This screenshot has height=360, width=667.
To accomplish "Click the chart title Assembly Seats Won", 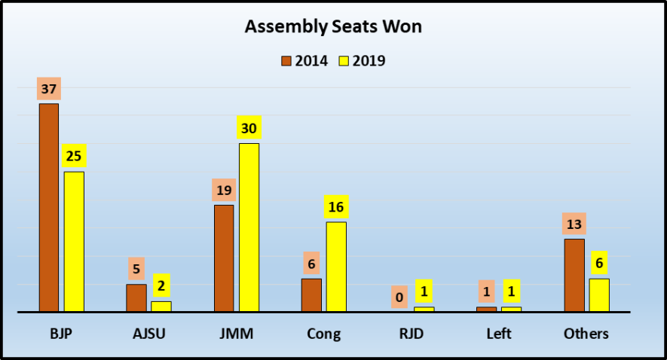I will point(333,28).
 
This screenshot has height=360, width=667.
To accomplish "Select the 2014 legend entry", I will point(305,60).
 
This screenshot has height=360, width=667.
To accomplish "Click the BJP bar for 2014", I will point(49,207).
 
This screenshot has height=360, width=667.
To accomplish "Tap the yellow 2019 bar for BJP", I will point(74,241).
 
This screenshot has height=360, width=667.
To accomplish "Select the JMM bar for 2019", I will point(249,227).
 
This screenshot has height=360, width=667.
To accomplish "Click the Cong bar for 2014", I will point(311,294).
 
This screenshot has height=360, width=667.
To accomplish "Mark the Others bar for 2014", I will point(574,274).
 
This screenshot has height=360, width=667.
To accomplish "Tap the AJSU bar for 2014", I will point(136,297).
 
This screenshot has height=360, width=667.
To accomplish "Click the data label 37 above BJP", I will point(49,90).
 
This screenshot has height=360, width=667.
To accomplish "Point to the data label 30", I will point(249,129).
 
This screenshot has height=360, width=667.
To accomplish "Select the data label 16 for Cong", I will point(336,207).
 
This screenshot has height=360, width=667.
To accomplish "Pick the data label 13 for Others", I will point(574,224).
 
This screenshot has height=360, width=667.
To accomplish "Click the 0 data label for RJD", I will point(399,297).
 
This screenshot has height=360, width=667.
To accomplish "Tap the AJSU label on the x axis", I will point(148,334).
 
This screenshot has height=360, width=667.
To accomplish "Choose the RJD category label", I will point(411,334).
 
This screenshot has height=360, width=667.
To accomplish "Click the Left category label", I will point(498,334).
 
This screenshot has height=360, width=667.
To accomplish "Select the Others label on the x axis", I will point(586,334).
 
